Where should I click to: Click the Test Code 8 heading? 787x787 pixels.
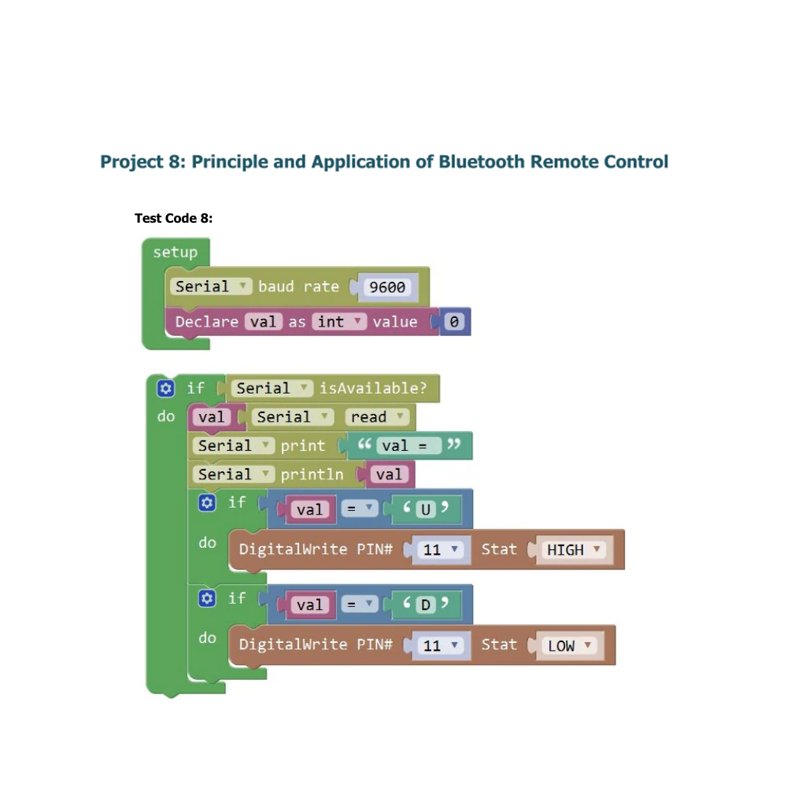(x=174, y=218)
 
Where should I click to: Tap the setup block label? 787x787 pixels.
(x=176, y=252)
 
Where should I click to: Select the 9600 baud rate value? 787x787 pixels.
(x=387, y=287)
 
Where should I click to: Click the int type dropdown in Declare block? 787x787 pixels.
(x=339, y=321)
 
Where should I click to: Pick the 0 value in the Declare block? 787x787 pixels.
(x=454, y=322)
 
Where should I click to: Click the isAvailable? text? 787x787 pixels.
(x=373, y=388)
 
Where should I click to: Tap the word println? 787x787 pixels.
(x=312, y=475)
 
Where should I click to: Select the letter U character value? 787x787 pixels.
(x=426, y=509)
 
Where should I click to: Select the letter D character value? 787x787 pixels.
(x=426, y=604)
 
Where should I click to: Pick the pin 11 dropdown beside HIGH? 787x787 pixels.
(x=441, y=549)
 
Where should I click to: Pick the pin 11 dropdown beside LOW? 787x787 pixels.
(x=441, y=645)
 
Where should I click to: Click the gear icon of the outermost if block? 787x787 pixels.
(x=165, y=388)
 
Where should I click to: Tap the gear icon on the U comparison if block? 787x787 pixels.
(x=207, y=502)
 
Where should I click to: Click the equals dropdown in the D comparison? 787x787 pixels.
(x=360, y=604)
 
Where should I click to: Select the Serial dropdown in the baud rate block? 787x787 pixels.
(x=211, y=286)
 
